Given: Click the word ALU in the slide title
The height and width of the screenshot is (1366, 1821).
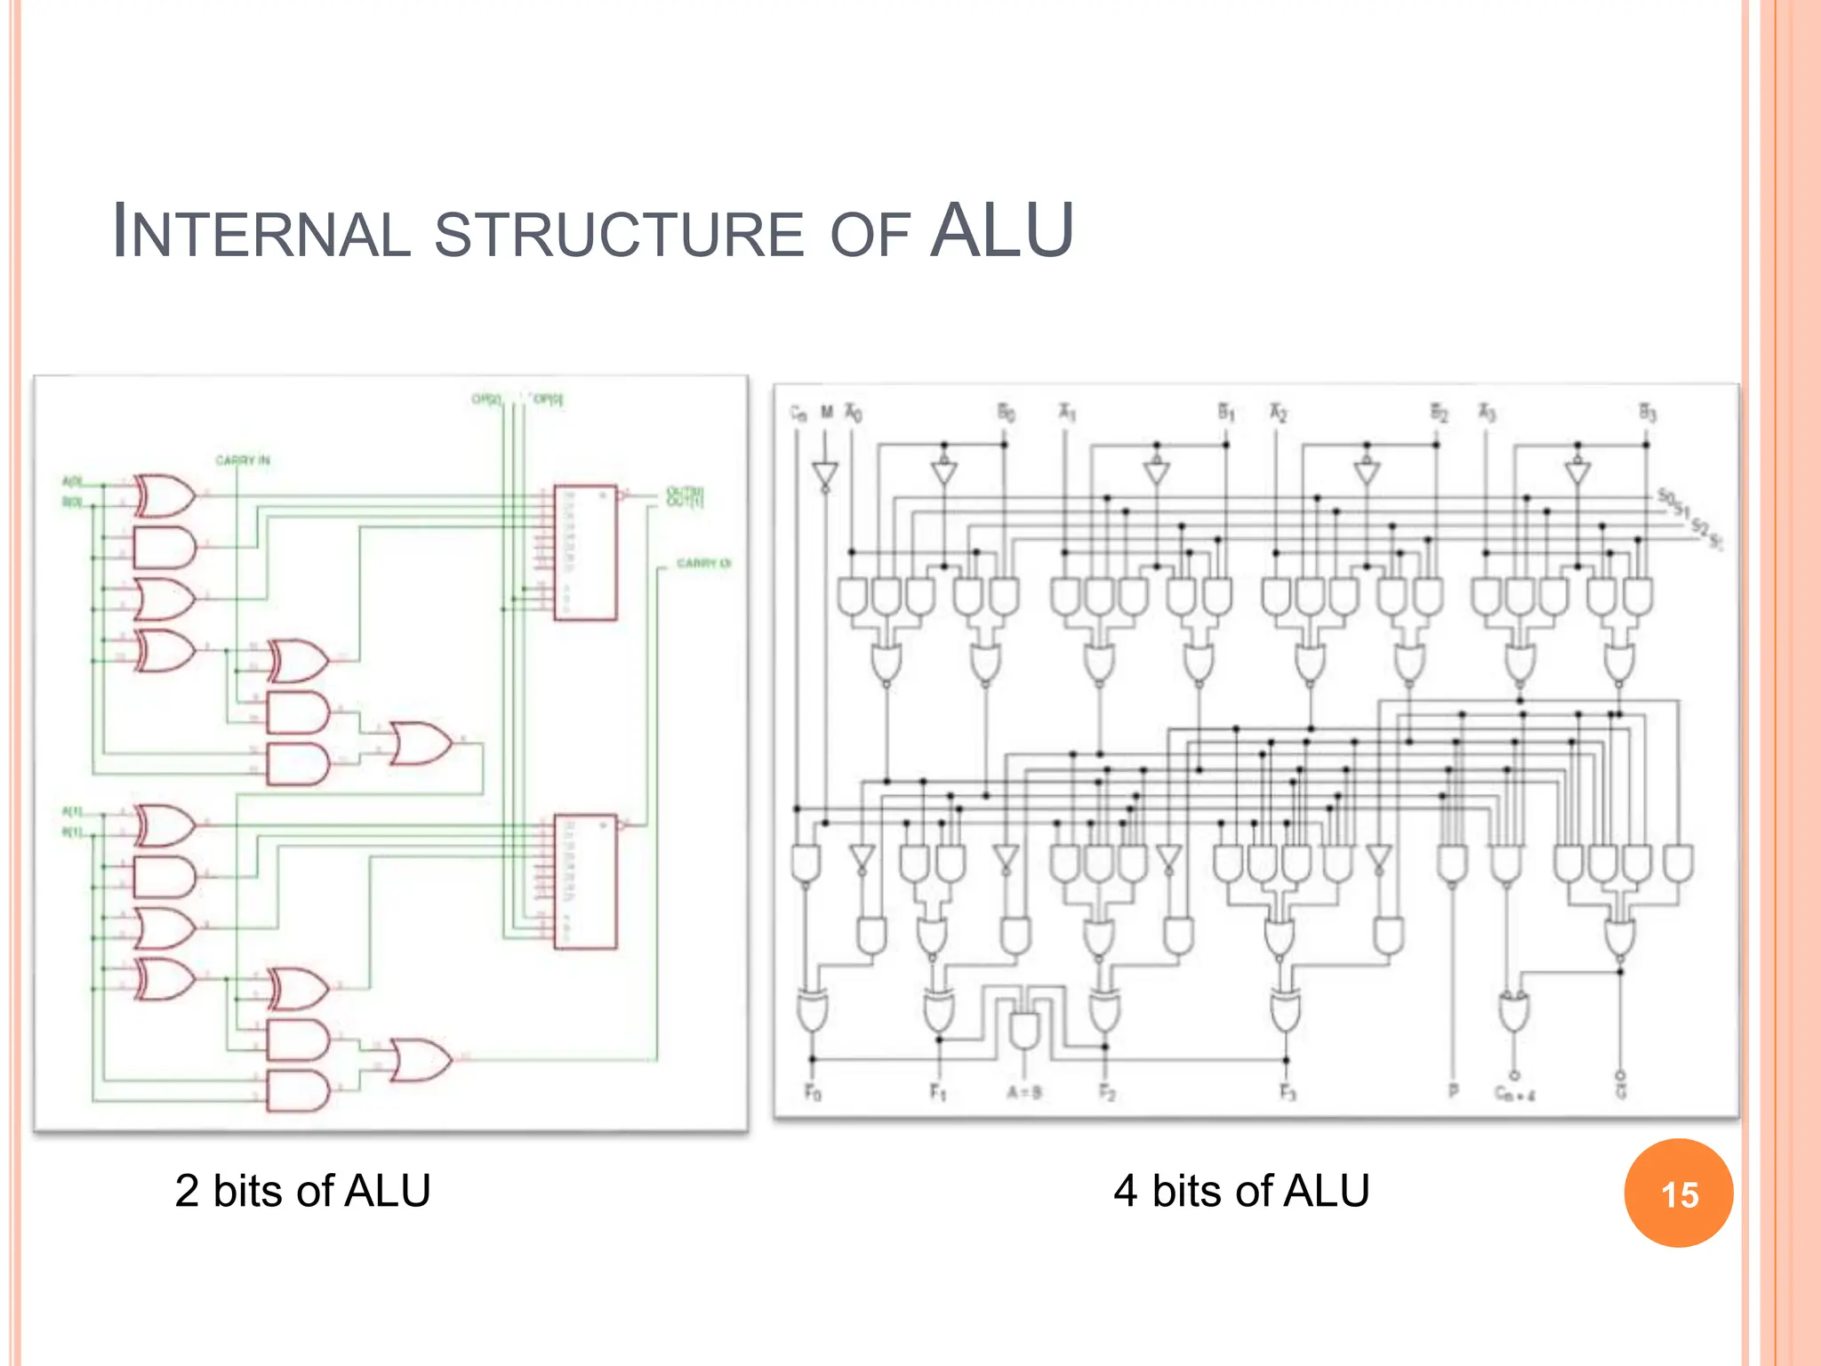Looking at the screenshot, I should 1001,231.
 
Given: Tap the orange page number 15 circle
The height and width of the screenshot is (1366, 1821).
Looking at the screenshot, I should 1678,1193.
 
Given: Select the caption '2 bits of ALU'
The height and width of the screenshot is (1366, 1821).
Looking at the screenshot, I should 302,1191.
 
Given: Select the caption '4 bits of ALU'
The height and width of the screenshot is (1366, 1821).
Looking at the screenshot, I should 1241,1191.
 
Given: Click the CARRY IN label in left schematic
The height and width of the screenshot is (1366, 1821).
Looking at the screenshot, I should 243,461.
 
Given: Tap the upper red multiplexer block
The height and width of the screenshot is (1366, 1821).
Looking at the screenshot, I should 585,552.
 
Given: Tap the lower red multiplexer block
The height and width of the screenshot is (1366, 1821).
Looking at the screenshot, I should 585,881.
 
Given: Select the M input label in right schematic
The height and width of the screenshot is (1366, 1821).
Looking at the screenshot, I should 826,412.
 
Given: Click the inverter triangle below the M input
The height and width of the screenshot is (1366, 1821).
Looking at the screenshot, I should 825,475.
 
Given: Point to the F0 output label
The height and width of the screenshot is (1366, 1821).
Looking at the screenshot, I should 813,1091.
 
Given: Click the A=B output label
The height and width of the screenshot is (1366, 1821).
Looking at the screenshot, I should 1024,1092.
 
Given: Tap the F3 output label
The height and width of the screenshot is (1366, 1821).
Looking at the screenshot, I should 1288,1091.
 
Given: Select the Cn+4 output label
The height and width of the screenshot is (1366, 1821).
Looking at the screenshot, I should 1514,1094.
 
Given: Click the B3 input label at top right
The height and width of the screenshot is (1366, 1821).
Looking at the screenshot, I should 1647,413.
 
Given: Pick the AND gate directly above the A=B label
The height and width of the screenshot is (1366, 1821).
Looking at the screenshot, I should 1024,1030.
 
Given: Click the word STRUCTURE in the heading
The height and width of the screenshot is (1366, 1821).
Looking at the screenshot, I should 619,235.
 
